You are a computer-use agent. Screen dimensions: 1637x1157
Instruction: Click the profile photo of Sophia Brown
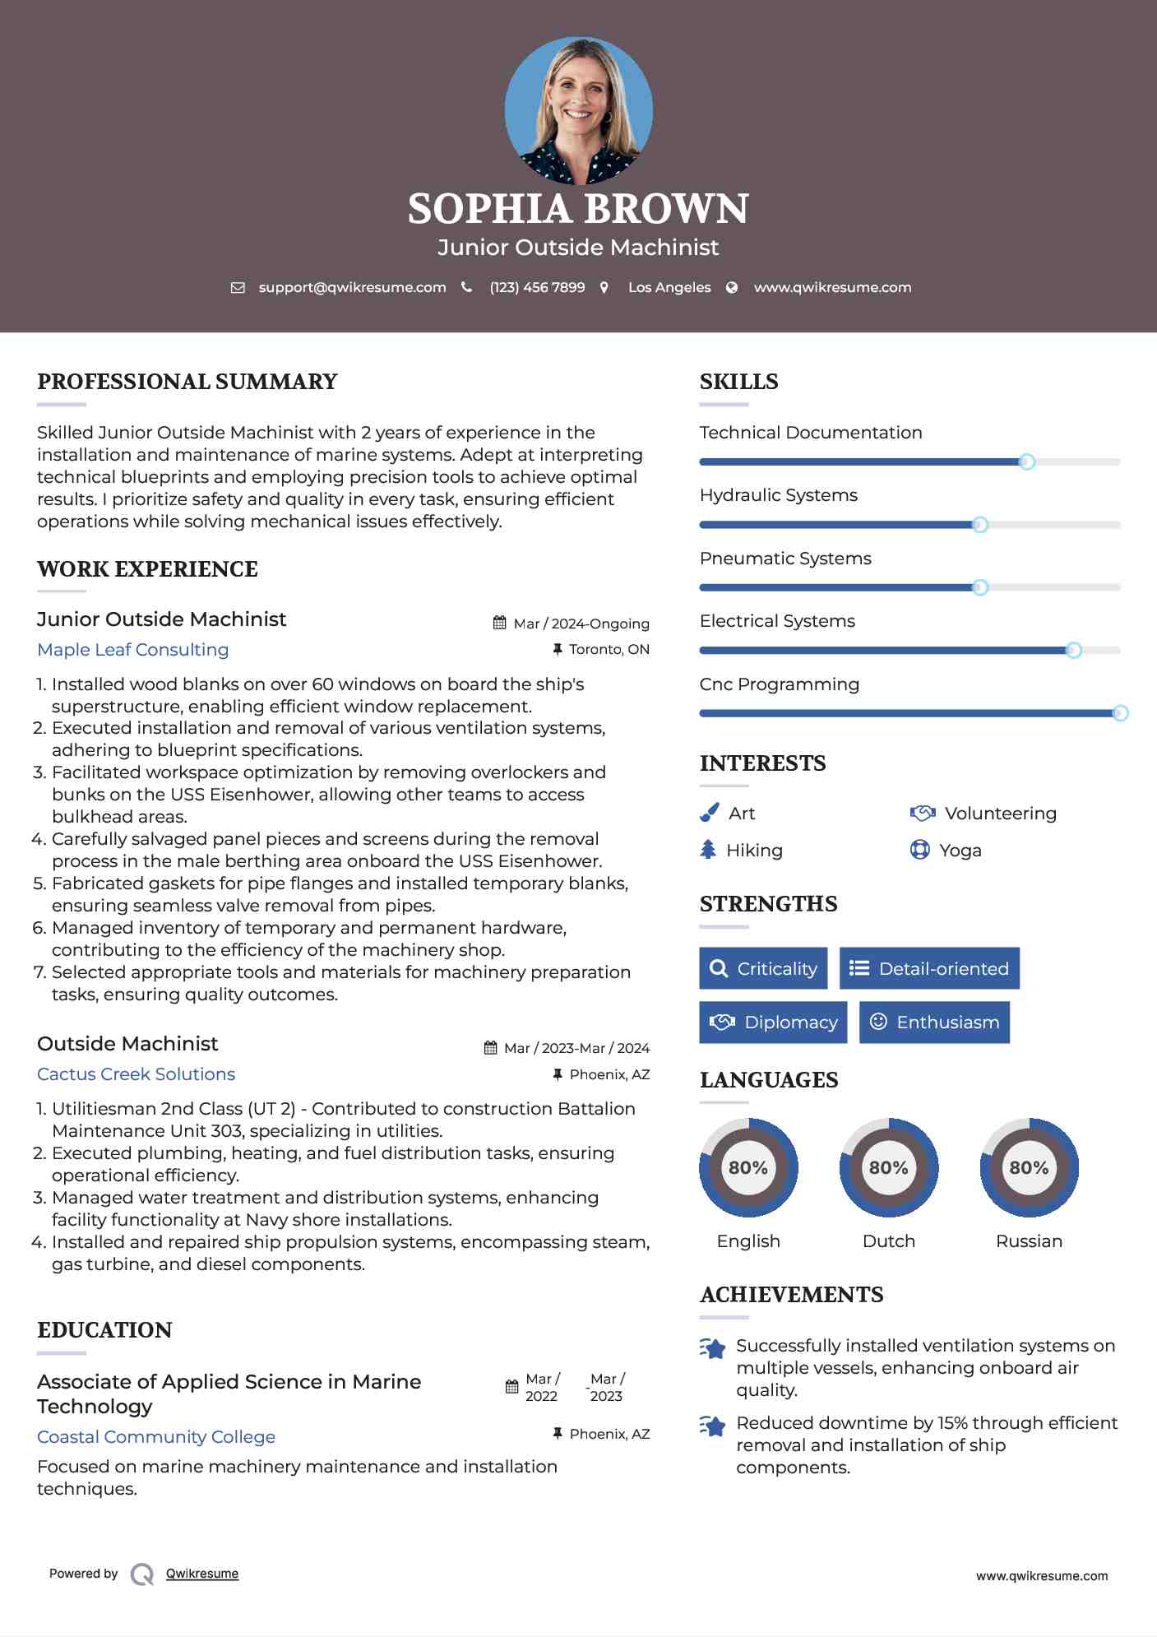tap(578, 110)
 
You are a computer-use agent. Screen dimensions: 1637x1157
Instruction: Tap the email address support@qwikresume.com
tap(352, 287)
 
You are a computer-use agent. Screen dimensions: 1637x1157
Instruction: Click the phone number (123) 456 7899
tap(537, 287)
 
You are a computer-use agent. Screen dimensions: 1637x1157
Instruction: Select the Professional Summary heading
tap(187, 382)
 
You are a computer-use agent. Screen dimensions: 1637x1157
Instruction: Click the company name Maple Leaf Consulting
tap(133, 650)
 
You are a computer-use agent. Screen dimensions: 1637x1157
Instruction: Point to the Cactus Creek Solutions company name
tap(137, 1074)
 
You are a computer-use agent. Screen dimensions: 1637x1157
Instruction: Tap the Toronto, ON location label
tap(609, 650)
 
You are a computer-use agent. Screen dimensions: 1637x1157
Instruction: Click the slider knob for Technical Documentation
tap(1026, 462)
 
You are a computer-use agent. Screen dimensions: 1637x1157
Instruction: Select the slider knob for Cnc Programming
tap(1119, 713)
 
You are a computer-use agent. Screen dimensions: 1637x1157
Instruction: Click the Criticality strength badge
tap(763, 968)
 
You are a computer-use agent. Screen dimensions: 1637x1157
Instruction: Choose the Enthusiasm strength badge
tap(934, 1023)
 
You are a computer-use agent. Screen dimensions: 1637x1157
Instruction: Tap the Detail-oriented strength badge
tap(929, 968)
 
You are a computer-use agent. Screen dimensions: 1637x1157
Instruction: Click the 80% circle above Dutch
tap(888, 1167)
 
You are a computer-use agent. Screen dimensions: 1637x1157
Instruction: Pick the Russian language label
tap(1029, 1241)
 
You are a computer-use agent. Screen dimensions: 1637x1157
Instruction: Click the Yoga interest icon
tap(920, 850)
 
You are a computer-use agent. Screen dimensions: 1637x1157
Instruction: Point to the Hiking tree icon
tap(708, 850)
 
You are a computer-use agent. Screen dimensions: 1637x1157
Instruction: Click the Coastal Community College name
tap(156, 1437)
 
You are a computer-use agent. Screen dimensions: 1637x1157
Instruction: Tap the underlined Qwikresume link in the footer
tap(202, 1574)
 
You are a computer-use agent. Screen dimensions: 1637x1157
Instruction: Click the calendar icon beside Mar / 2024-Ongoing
tap(500, 623)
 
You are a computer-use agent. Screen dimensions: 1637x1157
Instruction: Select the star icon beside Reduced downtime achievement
tap(713, 1426)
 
